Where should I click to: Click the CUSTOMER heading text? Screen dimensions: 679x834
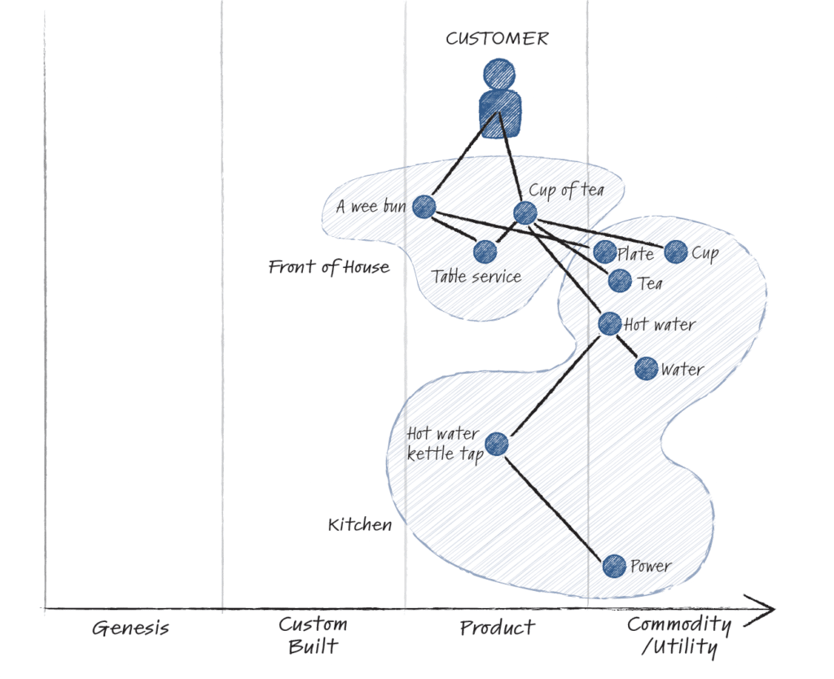tap(497, 38)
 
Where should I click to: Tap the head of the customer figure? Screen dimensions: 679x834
tap(499, 74)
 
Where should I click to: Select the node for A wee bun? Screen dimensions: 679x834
tap(424, 207)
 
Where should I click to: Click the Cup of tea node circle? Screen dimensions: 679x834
tap(525, 213)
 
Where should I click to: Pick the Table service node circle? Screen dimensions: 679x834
tap(485, 252)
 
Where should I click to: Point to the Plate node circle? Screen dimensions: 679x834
tap(604, 252)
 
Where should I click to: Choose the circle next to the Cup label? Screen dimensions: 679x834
tap(676, 252)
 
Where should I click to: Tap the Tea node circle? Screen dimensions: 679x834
tap(620, 282)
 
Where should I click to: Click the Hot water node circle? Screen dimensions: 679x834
tap(610, 324)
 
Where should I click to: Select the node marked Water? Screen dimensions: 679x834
tap(646, 369)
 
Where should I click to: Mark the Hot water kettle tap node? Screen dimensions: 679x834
tap(497, 445)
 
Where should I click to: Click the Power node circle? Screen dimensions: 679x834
tap(614, 566)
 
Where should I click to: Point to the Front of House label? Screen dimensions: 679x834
tap(329, 267)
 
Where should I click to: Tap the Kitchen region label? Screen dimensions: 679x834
tap(360, 524)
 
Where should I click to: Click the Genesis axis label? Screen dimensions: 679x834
tap(130, 629)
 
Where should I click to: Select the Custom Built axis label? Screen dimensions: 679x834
tap(313, 636)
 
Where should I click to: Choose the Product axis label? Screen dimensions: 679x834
tap(497, 628)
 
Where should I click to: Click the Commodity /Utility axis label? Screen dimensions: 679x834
tap(678, 636)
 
